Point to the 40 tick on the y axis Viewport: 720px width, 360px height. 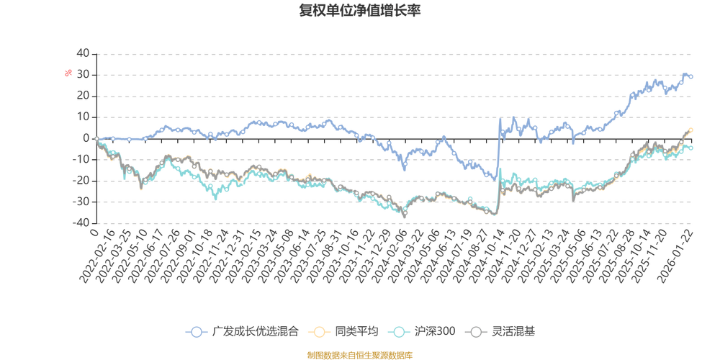84,53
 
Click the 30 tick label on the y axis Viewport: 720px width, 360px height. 84,74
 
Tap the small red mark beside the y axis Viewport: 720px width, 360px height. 68,72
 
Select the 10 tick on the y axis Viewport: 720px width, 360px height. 84,117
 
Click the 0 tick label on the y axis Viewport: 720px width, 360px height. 86,138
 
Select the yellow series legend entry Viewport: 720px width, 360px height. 343,332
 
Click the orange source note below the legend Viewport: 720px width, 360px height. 359,354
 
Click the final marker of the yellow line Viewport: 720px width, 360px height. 692,130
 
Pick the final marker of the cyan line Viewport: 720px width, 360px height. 692,148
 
